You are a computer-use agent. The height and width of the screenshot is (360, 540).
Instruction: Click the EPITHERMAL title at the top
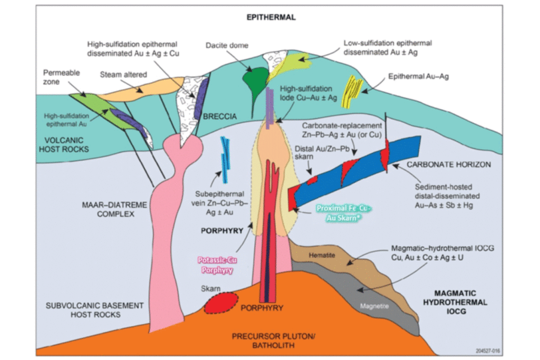click(x=272, y=17)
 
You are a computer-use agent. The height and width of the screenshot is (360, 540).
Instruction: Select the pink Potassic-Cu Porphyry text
click(x=215, y=264)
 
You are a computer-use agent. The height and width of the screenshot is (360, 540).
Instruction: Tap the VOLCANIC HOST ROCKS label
click(x=66, y=144)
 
